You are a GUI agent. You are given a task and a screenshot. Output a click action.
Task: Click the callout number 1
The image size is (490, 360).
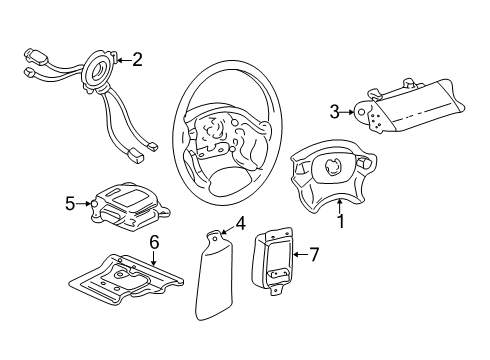click(340, 221)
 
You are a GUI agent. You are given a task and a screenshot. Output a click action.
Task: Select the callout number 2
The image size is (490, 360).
click(137, 60)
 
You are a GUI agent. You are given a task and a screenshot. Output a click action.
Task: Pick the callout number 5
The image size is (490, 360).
click(70, 204)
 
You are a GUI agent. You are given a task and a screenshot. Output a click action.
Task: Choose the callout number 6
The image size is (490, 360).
click(154, 242)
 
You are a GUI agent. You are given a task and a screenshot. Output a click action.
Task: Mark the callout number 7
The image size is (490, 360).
click(313, 255)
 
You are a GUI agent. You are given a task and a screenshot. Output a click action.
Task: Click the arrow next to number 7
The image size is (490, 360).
click(298, 255)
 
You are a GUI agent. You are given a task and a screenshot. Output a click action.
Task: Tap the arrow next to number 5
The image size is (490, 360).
click(85, 204)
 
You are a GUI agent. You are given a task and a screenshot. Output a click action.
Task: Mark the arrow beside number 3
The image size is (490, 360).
click(352, 111)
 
